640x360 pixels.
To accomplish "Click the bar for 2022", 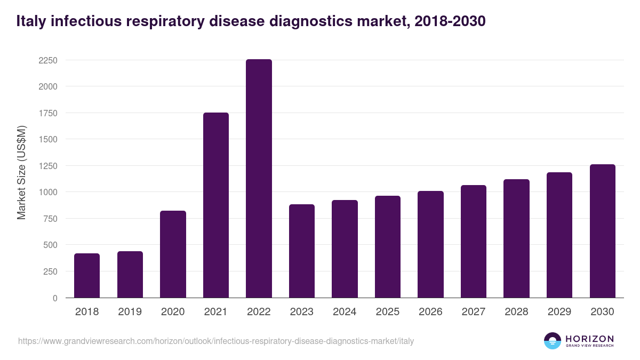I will [259, 179].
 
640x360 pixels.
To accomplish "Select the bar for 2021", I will [216, 205].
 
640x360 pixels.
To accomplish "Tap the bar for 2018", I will [87, 276].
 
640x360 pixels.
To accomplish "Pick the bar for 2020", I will [173, 254].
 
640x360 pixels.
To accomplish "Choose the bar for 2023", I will [302, 251].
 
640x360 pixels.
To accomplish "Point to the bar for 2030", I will [603, 231].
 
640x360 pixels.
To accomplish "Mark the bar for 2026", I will [430, 244].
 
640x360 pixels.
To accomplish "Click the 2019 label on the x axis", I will [130, 312].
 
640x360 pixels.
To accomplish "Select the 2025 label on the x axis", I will [388, 312].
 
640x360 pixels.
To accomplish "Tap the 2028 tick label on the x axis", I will [516, 312].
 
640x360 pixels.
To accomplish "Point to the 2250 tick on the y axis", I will [47, 60].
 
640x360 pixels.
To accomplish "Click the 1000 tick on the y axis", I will [47, 192].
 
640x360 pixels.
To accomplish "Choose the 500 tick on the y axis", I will [50, 245].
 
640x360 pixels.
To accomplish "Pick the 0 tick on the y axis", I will [55, 298].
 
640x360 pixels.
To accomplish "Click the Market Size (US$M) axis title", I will [21, 172].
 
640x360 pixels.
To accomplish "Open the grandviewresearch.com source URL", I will [215, 341].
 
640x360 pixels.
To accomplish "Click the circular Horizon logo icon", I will [553, 341].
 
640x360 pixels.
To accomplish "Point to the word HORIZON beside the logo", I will [589, 338].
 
